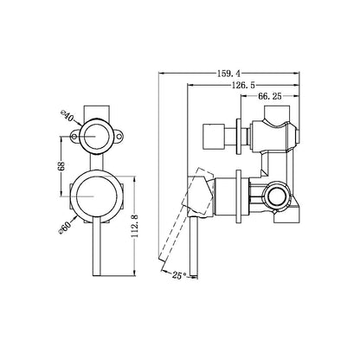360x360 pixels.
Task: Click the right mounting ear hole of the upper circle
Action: coord(124,136)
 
